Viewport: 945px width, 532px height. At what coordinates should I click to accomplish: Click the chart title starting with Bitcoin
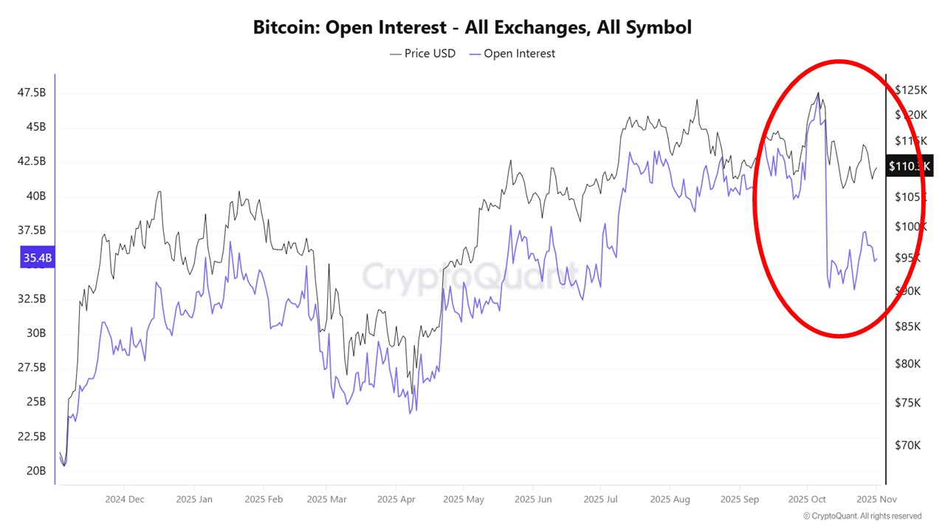(472, 27)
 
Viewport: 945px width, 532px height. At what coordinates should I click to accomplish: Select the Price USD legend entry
(423, 53)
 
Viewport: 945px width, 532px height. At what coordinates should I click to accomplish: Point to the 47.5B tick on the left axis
(32, 92)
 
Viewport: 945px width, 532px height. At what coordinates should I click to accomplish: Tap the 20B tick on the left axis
(36, 471)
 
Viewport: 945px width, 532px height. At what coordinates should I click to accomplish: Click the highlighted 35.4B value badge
(38, 257)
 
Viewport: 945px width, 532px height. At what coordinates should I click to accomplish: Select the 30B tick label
(36, 333)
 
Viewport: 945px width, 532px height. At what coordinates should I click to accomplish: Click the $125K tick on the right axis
(910, 89)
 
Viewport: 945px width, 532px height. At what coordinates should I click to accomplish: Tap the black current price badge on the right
(910, 166)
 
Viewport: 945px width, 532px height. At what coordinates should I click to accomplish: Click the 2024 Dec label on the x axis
(125, 499)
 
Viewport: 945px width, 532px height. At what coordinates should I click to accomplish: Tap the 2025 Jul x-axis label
(600, 499)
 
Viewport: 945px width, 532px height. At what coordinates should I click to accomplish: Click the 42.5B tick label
(32, 161)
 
